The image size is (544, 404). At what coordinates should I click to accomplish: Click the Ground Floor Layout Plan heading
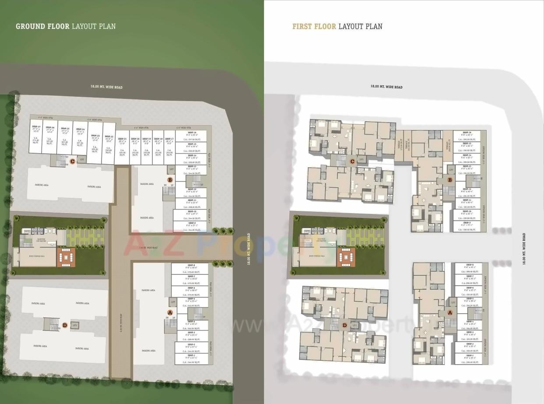66,26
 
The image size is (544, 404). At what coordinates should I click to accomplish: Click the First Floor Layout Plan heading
337,26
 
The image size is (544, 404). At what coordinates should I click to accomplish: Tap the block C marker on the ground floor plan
72,161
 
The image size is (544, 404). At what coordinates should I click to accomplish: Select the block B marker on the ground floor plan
170,179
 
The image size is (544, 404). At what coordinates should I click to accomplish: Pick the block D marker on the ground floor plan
65,325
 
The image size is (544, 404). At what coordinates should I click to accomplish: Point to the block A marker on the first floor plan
450,313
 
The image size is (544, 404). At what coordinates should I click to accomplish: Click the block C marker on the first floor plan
352,162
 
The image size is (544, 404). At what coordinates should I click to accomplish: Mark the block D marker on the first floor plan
344,325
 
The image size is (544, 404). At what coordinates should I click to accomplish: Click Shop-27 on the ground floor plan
36,136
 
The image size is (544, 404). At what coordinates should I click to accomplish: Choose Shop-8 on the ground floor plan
191,269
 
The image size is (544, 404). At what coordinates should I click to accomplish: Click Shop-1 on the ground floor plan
191,359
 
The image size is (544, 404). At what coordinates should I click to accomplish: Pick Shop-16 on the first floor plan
467,136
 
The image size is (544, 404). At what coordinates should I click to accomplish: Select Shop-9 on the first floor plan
467,226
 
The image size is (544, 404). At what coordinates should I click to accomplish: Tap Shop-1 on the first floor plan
467,359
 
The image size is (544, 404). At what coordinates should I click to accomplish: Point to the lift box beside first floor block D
354,325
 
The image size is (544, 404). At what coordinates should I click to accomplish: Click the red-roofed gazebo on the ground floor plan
66,257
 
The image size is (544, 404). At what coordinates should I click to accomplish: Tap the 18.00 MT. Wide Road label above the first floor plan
386,87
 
